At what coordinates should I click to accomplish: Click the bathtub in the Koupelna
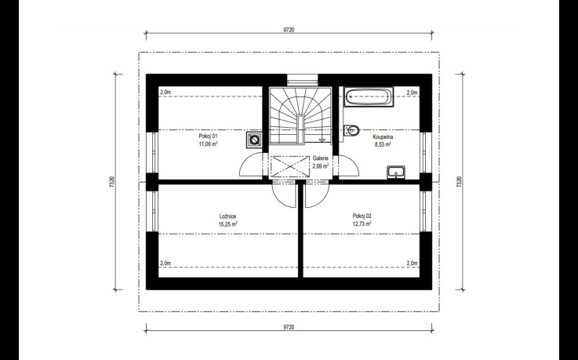(x=369, y=97)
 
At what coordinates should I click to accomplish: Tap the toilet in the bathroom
(x=351, y=130)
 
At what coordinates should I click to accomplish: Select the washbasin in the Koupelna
(x=396, y=172)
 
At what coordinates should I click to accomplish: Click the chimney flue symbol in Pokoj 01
(x=254, y=140)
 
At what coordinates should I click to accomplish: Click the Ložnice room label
(x=227, y=216)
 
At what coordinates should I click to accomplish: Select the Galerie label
(x=320, y=158)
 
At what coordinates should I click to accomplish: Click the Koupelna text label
(x=383, y=136)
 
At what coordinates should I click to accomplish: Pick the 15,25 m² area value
(x=227, y=224)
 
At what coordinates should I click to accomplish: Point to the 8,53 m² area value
(x=383, y=144)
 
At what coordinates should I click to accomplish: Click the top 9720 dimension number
(x=289, y=31)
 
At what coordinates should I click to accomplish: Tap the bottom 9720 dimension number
(x=289, y=327)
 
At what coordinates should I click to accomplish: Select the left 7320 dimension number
(x=112, y=182)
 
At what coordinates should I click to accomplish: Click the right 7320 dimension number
(x=459, y=182)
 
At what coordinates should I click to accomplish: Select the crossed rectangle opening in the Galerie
(x=290, y=166)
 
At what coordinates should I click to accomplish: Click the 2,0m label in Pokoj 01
(x=165, y=92)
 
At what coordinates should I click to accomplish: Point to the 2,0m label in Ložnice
(x=165, y=263)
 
